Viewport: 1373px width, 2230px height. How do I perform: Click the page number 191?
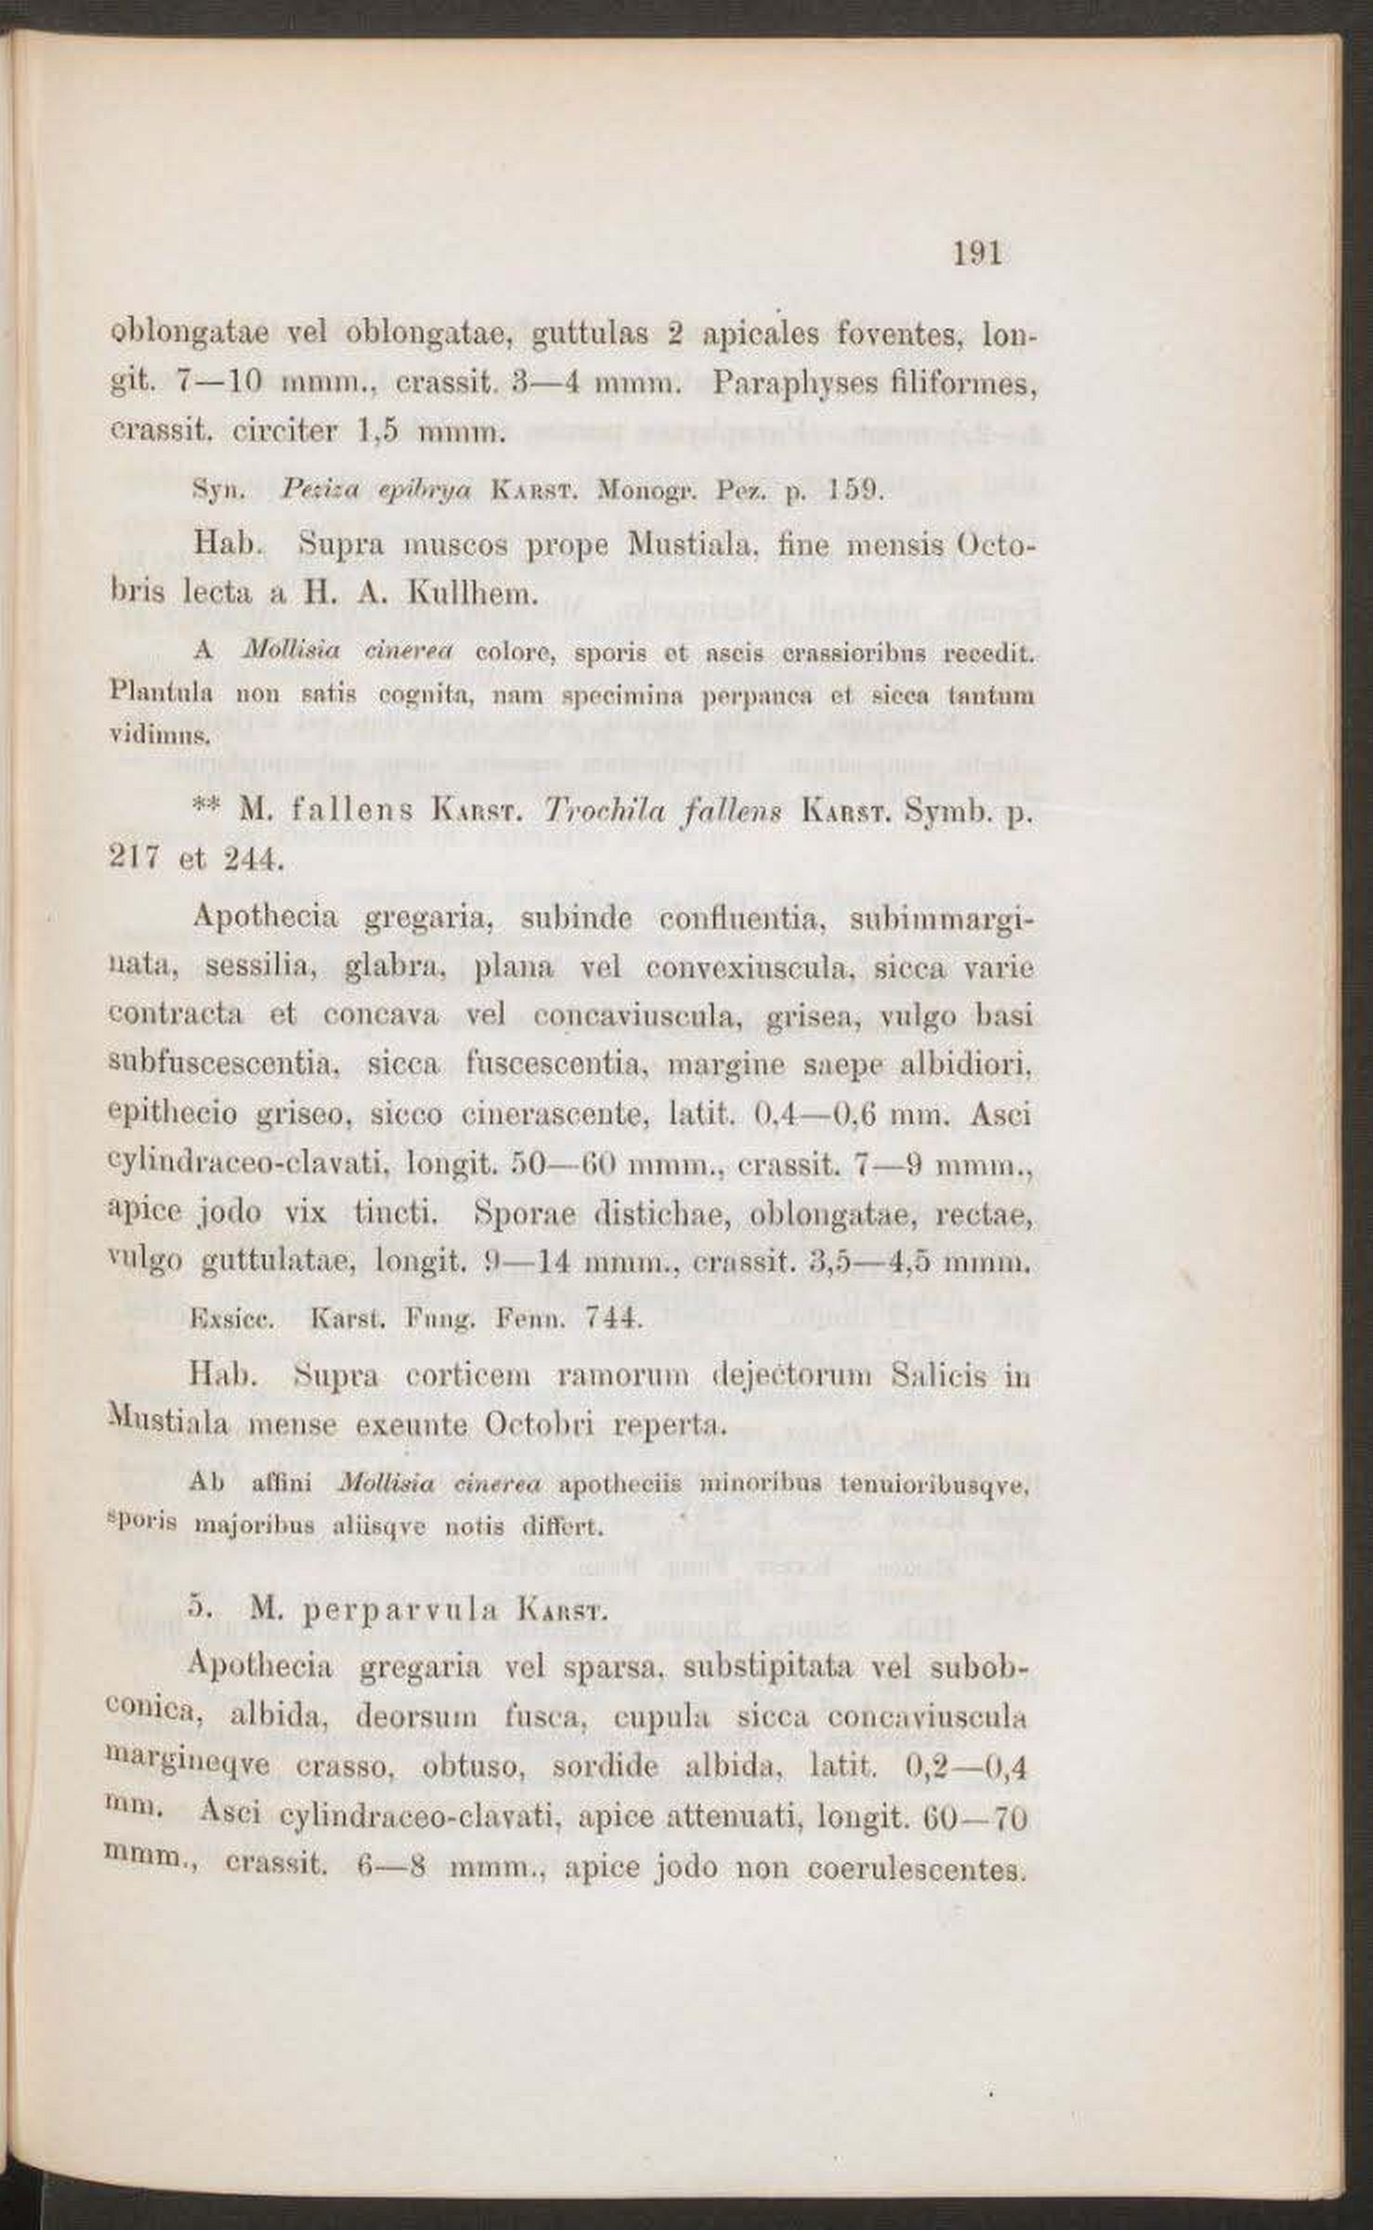(978, 254)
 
